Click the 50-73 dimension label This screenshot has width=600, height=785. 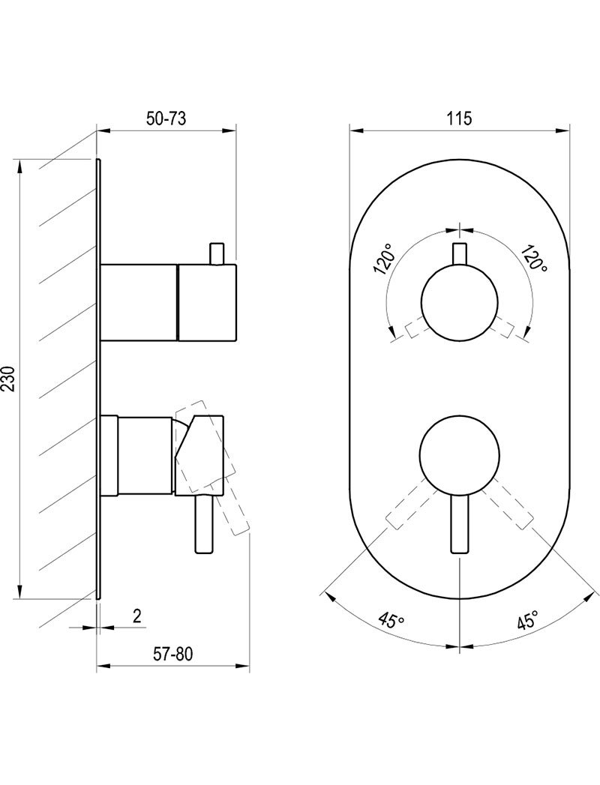click(x=166, y=119)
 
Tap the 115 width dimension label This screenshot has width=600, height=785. click(x=460, y=119)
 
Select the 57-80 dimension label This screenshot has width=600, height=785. click(x=172, y=654)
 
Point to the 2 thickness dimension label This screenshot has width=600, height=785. click(x=136, y=616)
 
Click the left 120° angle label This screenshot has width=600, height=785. click(x=385, y=259)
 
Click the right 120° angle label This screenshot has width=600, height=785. click(x=534, y=258)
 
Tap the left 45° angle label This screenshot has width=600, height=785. click(x=391, y=620)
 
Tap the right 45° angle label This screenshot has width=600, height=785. click(x=528, y=620)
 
